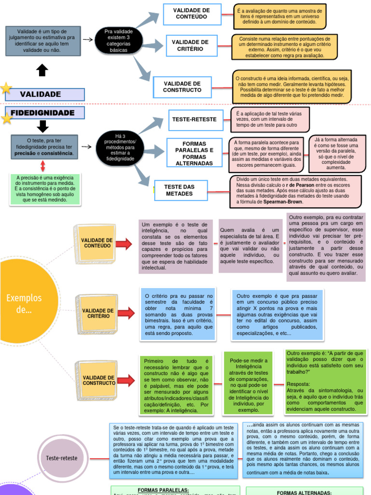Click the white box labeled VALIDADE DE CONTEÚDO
pyautogui.click(x=192, y=14)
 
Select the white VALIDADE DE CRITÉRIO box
pyautogui.click(x=190, y=45)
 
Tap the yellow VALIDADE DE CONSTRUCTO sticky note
pyautogui.click(x=99, y=380)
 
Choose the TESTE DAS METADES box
pyautogui.click(x=179, y=190)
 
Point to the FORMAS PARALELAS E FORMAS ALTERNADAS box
pyautogui.click(x=194, y=154)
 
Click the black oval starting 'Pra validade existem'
pyautogui.click(x=118, y=41)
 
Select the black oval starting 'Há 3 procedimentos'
pyautogui.click(x=120, y=147)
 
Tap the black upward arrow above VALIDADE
pyautogui.click(x=43, y=71)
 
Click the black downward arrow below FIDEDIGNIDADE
pyautogui.click(x=43, y=127)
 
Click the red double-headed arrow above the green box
pyautogui.click(x=43, y=165)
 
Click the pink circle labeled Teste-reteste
pyautogui.click(x=61, y=458)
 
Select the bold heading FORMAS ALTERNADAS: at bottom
pyautogui.click(x=304, y=493)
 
